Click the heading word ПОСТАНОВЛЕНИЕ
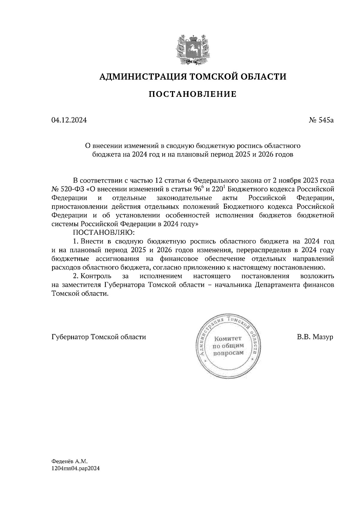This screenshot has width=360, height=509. pyautogui.click(x=193, y=94)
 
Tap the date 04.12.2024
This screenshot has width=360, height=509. pyautogui.click(x=69, y=121)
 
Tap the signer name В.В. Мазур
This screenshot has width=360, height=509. pyautogui.click(x=315, y=337)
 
